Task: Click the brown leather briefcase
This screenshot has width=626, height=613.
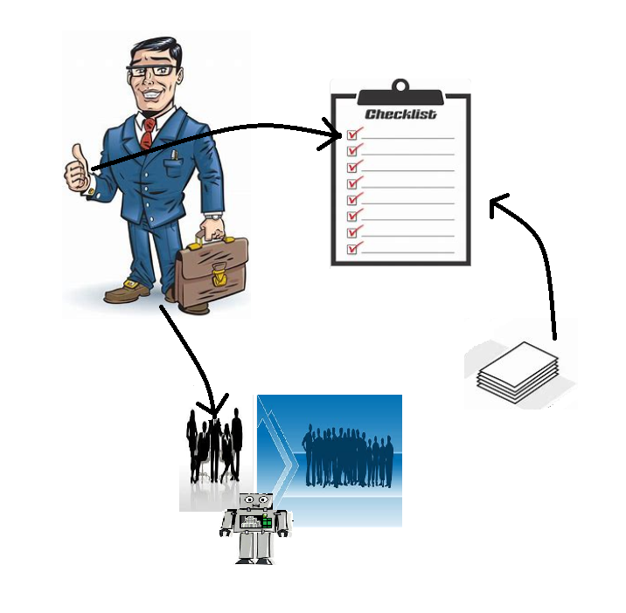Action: coord(214,270)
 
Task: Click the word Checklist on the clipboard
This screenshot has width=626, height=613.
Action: coord(400,114)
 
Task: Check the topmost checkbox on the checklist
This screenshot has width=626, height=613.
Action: coord(353,134)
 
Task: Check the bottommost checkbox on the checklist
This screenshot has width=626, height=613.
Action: coord(353,249)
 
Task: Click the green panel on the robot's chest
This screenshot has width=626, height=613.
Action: coord(267,520)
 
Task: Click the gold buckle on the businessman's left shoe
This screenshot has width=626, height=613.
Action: coord(132,284)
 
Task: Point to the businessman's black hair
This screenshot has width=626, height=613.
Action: coord(156,45)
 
